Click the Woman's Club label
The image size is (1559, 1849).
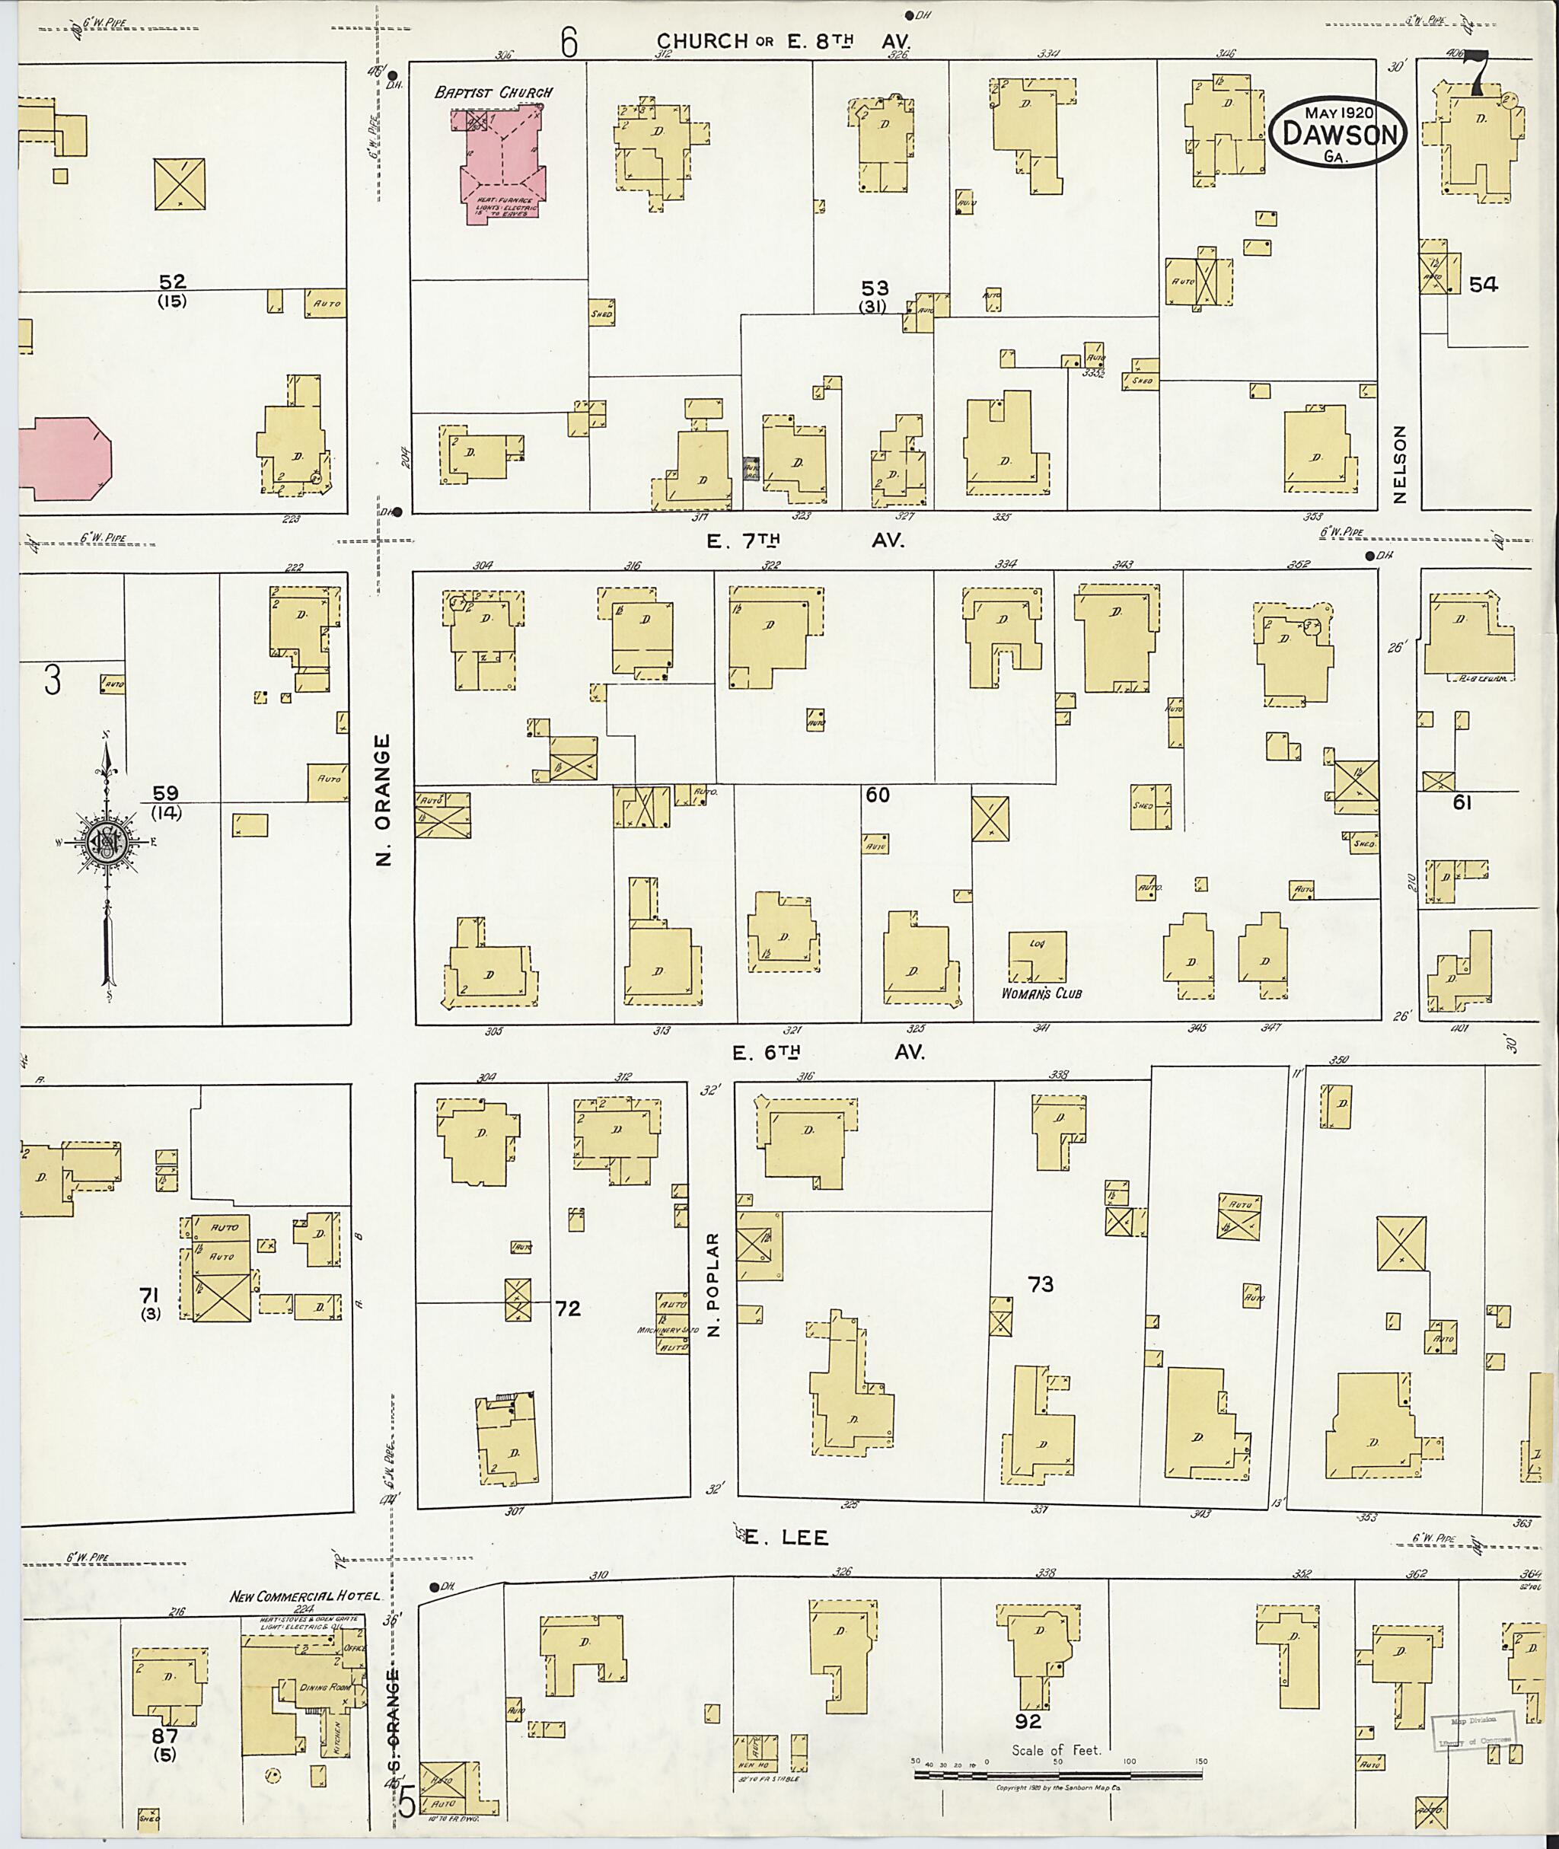[1041, 993]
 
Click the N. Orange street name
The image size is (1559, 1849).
[382, 799]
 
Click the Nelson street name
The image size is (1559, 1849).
[1398, 464]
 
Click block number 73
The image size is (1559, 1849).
[1040, 1284]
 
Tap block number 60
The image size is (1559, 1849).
[877, 795]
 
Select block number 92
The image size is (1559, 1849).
[1028, 1722]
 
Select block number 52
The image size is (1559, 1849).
[172, 282]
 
